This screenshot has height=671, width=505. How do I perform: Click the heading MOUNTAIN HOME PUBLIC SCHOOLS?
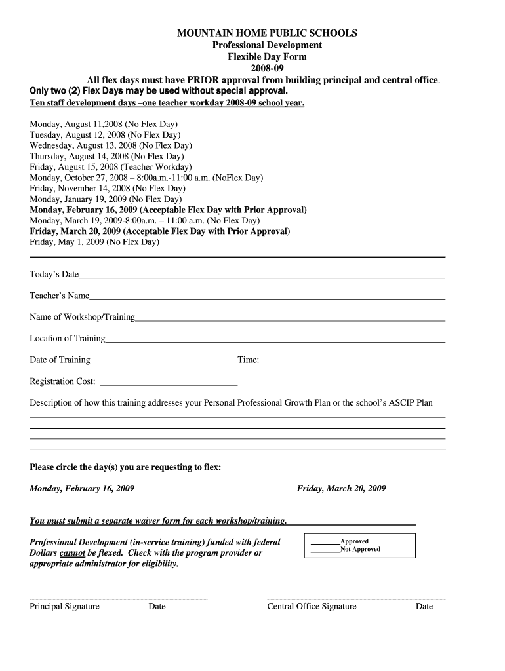point(267,33)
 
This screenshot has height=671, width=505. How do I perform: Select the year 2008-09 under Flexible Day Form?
point(267,68)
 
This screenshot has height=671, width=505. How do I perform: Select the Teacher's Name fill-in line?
point(268,298)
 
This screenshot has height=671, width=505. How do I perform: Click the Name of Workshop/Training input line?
point(290,320)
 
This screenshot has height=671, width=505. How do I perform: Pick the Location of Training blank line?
point(275,341)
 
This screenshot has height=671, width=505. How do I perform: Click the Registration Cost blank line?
point(167,383)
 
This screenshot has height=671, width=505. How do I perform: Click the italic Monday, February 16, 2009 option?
point(82,489)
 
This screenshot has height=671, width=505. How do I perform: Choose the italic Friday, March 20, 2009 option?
point(341,489)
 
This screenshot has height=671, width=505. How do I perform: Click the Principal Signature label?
point(64,607)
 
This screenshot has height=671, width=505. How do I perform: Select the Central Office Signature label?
point(312,607)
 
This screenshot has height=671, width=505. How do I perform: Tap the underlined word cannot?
point(72,553)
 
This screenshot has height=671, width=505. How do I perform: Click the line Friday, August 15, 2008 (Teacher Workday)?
point(111,167)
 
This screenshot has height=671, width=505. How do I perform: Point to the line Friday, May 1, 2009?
point(94,242)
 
